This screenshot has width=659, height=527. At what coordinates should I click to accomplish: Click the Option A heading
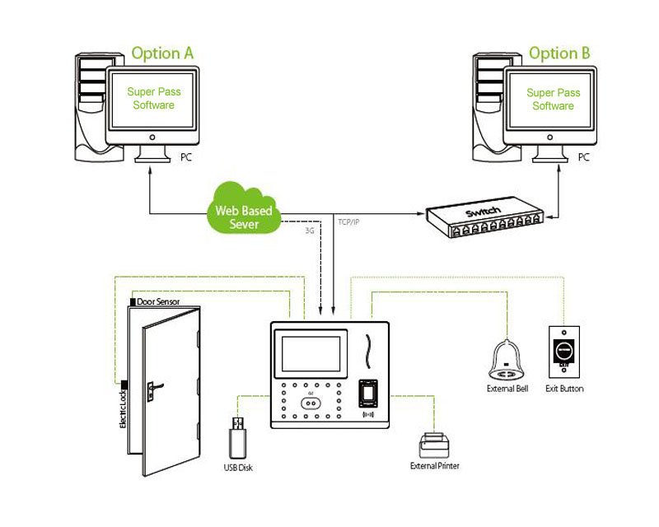(x=162, y=54)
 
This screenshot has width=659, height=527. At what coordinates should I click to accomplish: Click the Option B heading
(x=559, y=54)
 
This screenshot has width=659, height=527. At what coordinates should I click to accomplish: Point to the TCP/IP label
(x=355, y=222)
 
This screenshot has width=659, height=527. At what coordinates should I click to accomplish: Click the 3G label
(x=310, y=231)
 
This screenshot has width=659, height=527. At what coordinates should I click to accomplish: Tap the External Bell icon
(x=507, y=356)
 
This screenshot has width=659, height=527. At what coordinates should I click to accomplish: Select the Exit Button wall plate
(x=564, y=349)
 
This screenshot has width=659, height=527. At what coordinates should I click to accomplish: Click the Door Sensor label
(x=158, y=302)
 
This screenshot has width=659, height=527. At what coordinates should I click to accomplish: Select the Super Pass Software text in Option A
(x=154, y=99)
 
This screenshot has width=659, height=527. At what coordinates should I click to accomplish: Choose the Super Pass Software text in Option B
(x=553, y=100)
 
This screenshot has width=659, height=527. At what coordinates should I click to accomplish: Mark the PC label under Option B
(x=584, y=156)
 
